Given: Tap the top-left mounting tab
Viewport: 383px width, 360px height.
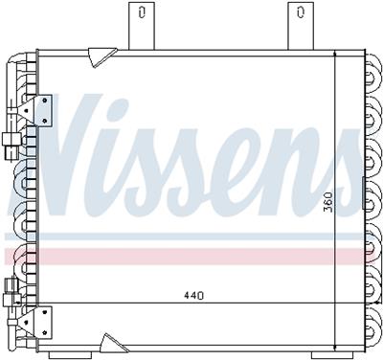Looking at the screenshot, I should click(142, 24).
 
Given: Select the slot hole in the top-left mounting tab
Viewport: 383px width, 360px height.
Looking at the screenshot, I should click(142, 13).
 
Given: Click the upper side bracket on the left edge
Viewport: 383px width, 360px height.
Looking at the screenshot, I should click(44, 110).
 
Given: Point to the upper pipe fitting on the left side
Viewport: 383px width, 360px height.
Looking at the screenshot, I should click(11, 147).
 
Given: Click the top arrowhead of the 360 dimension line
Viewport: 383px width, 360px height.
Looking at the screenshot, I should click(334, 58).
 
